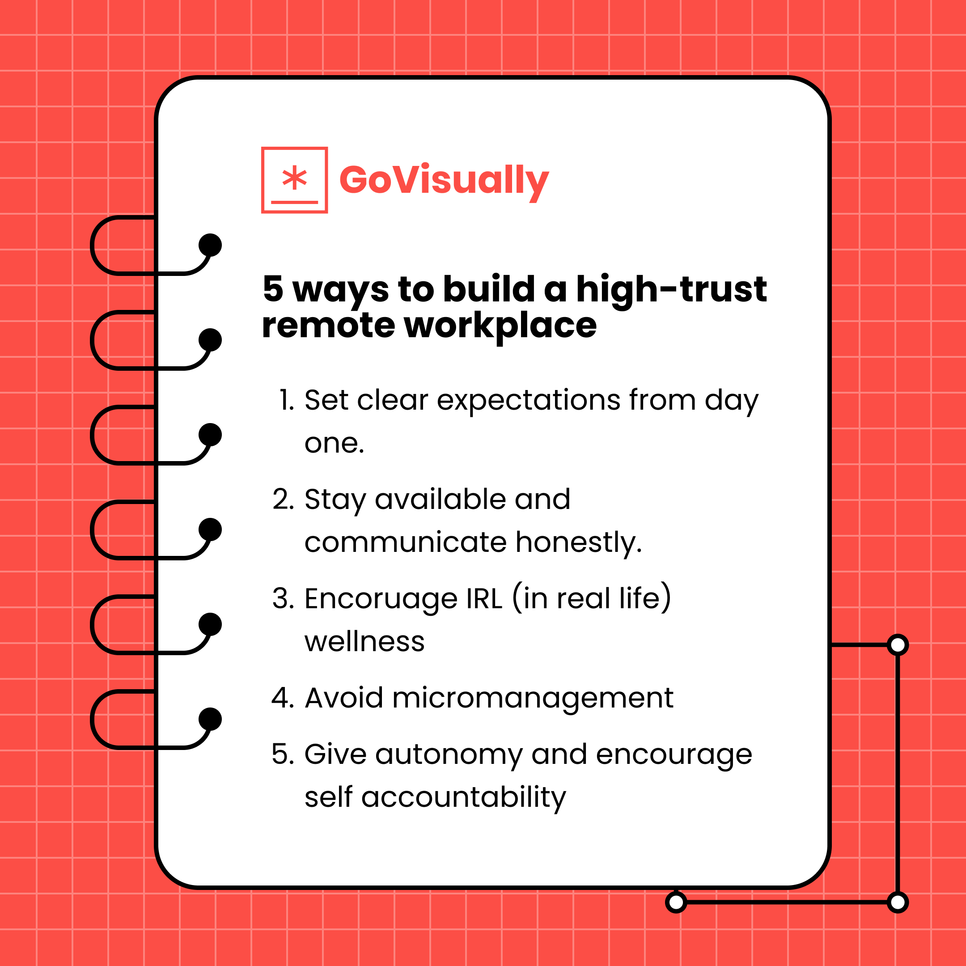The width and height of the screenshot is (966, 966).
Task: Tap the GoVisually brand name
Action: tap(444, 180)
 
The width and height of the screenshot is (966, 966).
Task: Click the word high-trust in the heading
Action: tap(671, 289)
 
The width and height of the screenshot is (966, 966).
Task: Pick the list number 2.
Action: tap(283, 500)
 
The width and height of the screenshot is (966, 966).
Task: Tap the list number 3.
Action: tap(283, 598)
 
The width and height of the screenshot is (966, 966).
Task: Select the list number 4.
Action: tap(283, 698)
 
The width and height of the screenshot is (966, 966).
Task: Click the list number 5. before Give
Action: tap(283, 754)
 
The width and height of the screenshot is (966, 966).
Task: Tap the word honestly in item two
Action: tap(579, 543)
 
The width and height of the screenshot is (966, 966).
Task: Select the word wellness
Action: tap(364, 641)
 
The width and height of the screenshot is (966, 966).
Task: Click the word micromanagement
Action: tap(533, 698)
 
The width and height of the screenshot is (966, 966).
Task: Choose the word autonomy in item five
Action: tap(449, 755)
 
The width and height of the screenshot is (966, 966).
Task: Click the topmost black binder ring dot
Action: tap(210, 245)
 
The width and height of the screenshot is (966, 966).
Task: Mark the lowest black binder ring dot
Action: tap(210, 719)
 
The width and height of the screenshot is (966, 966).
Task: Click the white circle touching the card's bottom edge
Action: tap(676, 902)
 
